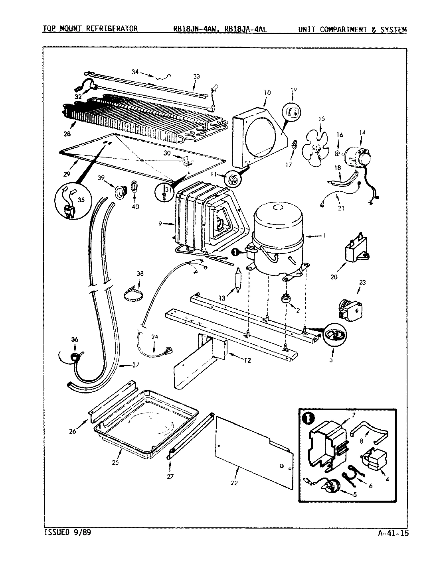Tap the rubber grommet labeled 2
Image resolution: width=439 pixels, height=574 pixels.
pyautogui.click(x=286, y=299)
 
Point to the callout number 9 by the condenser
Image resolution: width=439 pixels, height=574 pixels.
pyautogui.click(x=159, y=224)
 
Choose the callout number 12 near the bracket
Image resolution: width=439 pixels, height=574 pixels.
pyautogui.click(x=247, y=360)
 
